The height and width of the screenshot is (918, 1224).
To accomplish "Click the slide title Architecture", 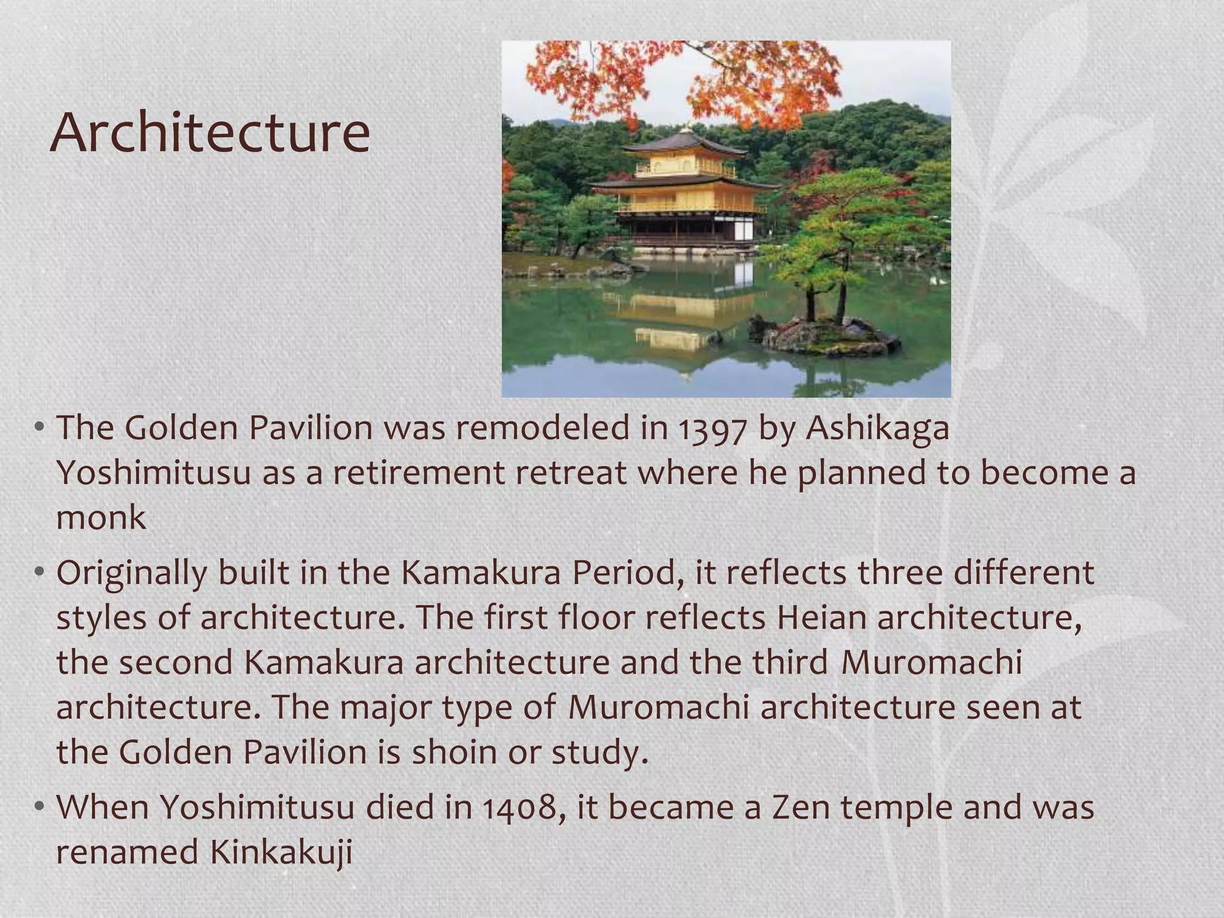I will click(210, 133).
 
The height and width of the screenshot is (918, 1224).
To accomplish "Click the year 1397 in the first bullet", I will click(712, 429).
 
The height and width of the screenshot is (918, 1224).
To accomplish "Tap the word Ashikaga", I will click(877, 429).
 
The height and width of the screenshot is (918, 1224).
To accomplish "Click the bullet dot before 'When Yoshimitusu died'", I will click(39, 807).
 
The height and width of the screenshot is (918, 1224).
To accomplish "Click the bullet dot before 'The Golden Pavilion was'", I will click(39, 428).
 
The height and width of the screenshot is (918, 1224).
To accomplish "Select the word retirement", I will click(418, 473).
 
